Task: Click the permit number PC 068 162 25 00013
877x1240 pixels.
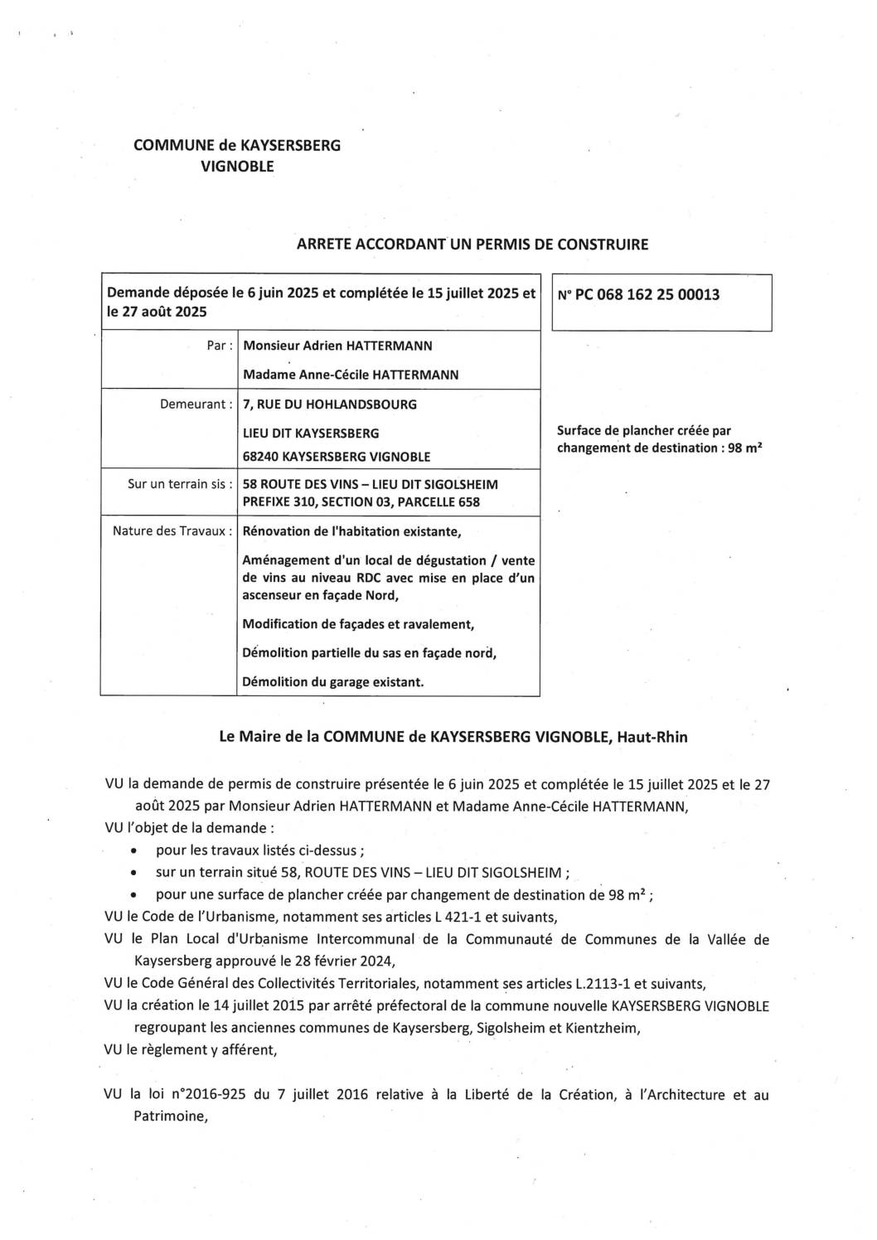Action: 647,294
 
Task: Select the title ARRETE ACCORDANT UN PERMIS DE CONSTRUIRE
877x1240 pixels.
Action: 472,245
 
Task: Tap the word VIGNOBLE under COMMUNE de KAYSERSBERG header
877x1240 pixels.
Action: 237,167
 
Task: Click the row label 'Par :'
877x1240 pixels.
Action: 219,346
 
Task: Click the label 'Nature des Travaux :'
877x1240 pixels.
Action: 172,530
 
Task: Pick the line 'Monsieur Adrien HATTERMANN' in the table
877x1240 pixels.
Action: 337,346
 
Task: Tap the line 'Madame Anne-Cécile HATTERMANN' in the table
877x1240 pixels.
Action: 351,375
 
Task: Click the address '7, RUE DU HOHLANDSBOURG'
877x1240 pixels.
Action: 329,404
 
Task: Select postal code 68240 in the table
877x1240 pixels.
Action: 260,457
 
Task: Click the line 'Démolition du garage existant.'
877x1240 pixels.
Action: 332,682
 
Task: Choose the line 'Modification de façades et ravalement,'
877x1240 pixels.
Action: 358,624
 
